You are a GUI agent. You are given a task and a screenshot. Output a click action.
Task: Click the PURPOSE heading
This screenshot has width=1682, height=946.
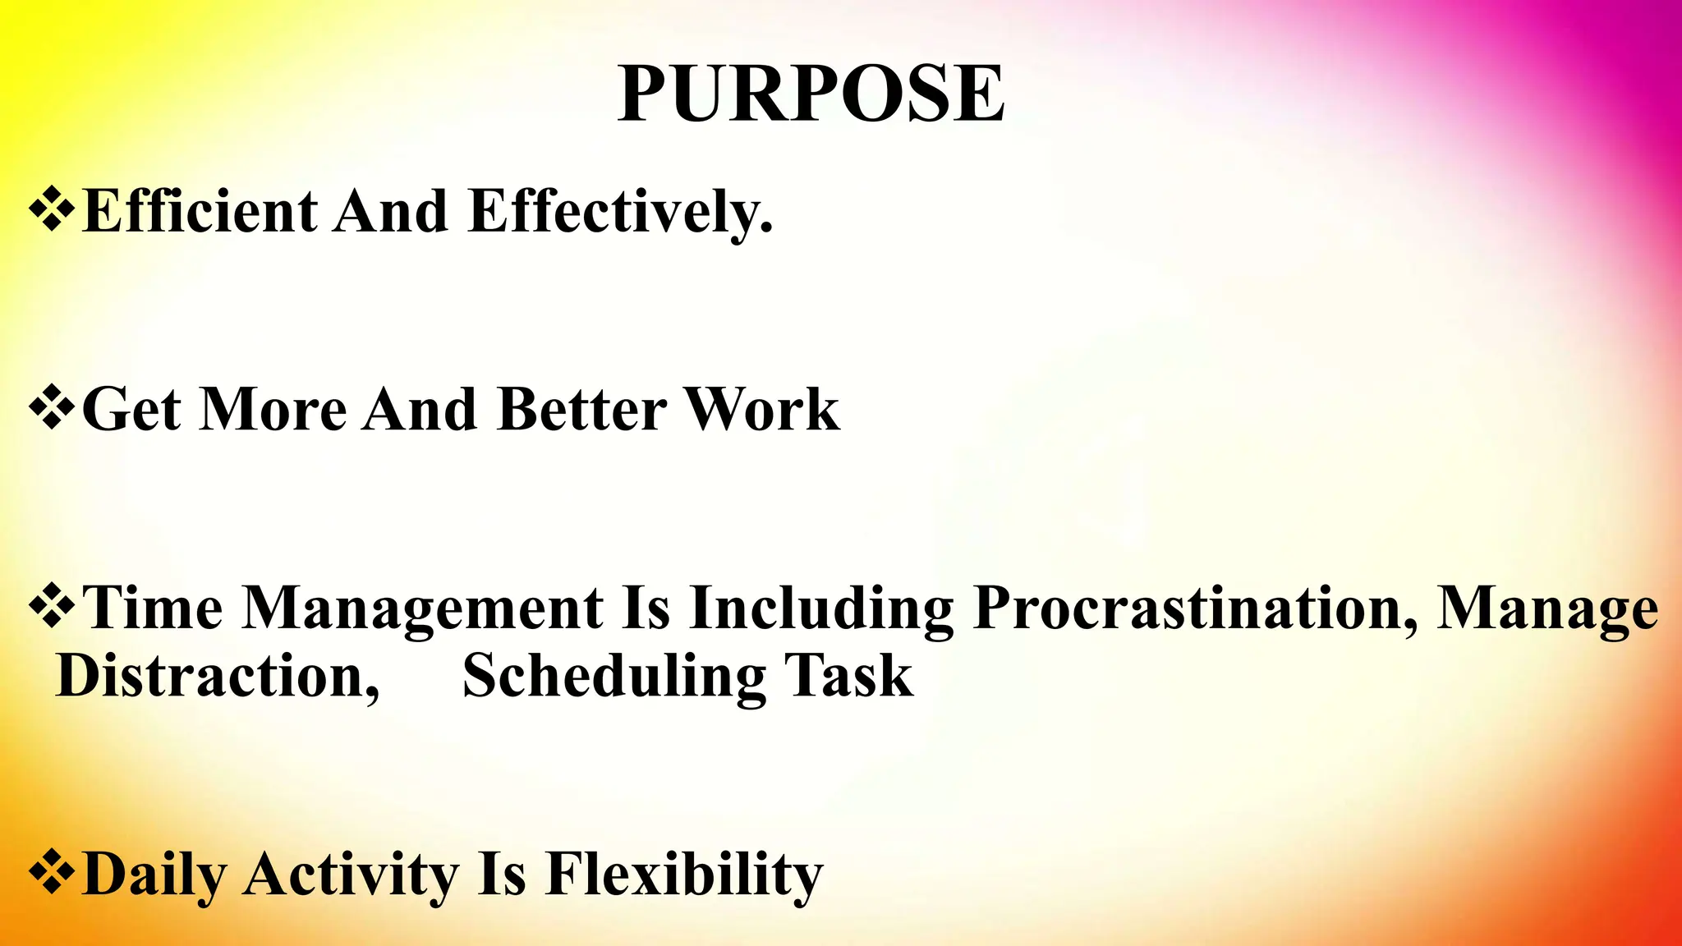point(811,94)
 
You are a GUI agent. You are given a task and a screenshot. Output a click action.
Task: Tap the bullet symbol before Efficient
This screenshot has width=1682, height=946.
point(52,210)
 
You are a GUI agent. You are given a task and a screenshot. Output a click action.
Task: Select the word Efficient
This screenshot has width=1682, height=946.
point(200,212)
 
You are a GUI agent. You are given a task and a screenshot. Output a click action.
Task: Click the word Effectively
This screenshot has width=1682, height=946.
point(620,212)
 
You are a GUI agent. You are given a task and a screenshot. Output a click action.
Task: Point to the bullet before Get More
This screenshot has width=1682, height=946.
point(52,409)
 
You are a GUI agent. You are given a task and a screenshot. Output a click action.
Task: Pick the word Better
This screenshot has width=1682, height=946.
point(581,409)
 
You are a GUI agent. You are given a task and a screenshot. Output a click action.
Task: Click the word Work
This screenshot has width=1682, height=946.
point(761,409)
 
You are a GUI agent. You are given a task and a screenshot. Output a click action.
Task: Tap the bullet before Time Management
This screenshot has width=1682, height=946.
point(52,608)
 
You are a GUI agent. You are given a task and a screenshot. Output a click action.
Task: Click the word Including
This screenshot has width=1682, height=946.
point(821,609)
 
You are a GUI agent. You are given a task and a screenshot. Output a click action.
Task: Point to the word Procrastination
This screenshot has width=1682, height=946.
point(1195,609)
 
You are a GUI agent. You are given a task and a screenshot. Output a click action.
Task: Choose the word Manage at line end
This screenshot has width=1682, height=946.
point(1547,609)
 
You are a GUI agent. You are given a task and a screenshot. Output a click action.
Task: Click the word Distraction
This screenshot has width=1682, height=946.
point(218,677)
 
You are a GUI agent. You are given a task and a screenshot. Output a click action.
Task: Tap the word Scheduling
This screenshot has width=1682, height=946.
point(614,677)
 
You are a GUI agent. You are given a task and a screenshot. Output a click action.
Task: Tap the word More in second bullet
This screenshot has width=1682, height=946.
point(273,409)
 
